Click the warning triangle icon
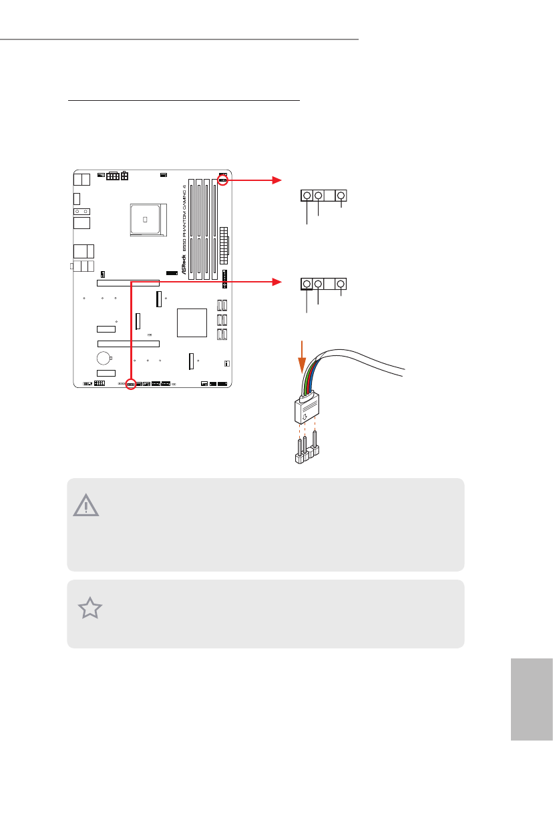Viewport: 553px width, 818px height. (x=86, y=505)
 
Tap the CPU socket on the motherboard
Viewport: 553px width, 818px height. (x=146, y=218)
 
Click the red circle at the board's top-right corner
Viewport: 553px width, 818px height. (x=222, y=180)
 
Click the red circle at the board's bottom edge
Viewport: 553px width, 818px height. (x=131, y=384)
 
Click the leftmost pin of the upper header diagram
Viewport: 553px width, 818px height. (x=307, y=196)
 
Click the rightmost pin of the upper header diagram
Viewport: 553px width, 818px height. (x=341, y=196)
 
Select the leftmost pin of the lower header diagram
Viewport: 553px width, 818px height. (x=307, y=284)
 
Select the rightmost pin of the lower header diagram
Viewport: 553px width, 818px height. (x=341, y=284)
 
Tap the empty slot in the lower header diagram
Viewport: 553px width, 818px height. (x=330, y=284)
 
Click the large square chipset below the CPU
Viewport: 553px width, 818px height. (x=192, y=323)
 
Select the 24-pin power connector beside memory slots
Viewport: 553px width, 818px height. (x=224, y=244)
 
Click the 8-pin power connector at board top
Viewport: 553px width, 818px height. (x=112, y=176)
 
